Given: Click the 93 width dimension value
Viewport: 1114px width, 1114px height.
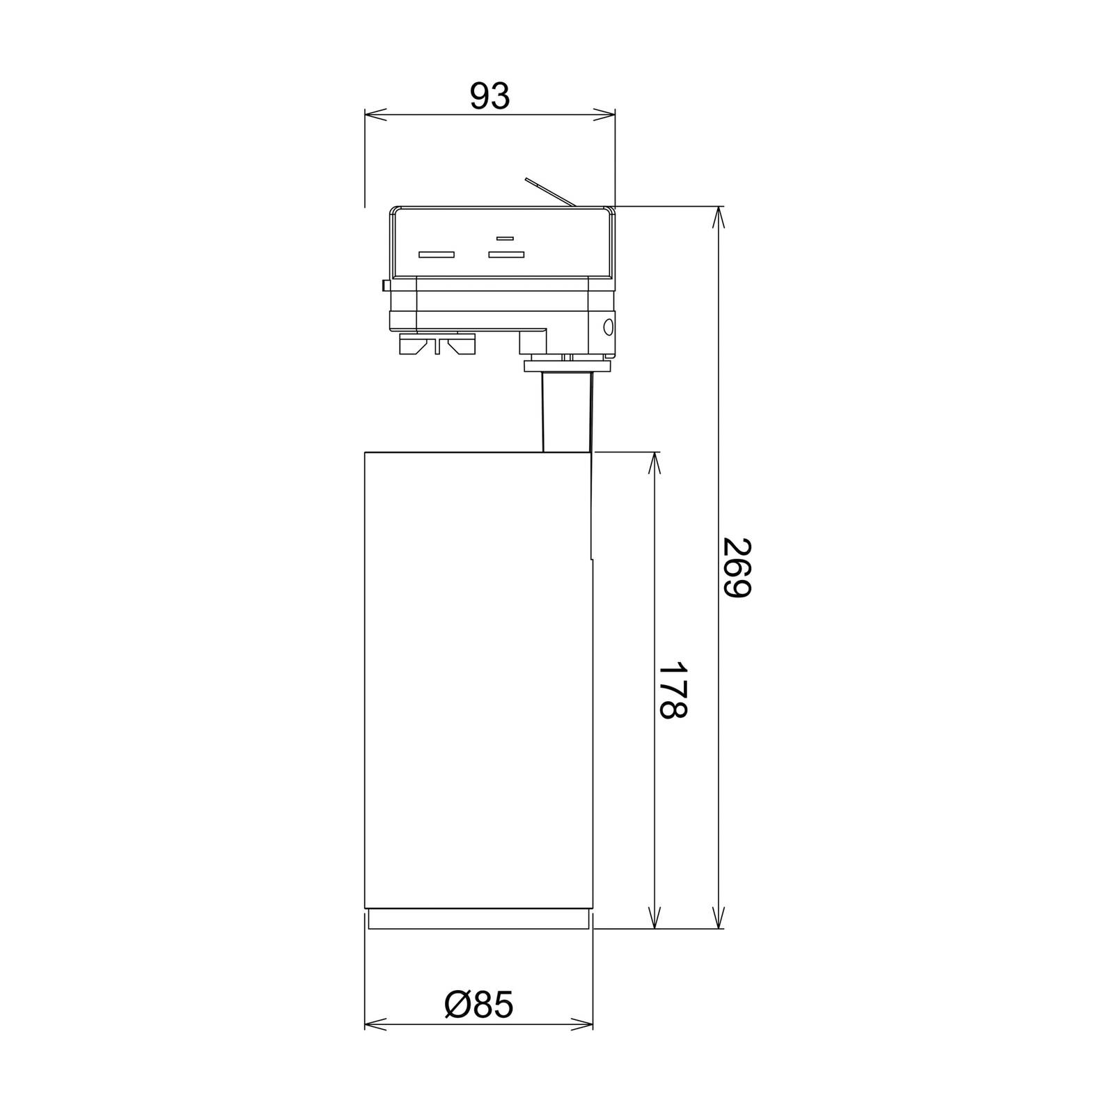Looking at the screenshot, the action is click(489, 96).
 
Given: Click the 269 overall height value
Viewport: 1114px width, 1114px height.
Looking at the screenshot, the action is click(737, 567).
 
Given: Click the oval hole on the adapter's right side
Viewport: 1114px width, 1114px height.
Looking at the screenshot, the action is click(608, 326).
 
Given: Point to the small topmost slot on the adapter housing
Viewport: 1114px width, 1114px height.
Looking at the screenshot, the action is click(505, 238).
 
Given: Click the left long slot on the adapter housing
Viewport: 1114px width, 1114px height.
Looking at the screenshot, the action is click(437, 254).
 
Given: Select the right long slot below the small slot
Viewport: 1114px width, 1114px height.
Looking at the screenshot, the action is click(505, 254).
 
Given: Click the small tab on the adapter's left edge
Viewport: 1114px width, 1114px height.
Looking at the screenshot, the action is click(386, 285).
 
